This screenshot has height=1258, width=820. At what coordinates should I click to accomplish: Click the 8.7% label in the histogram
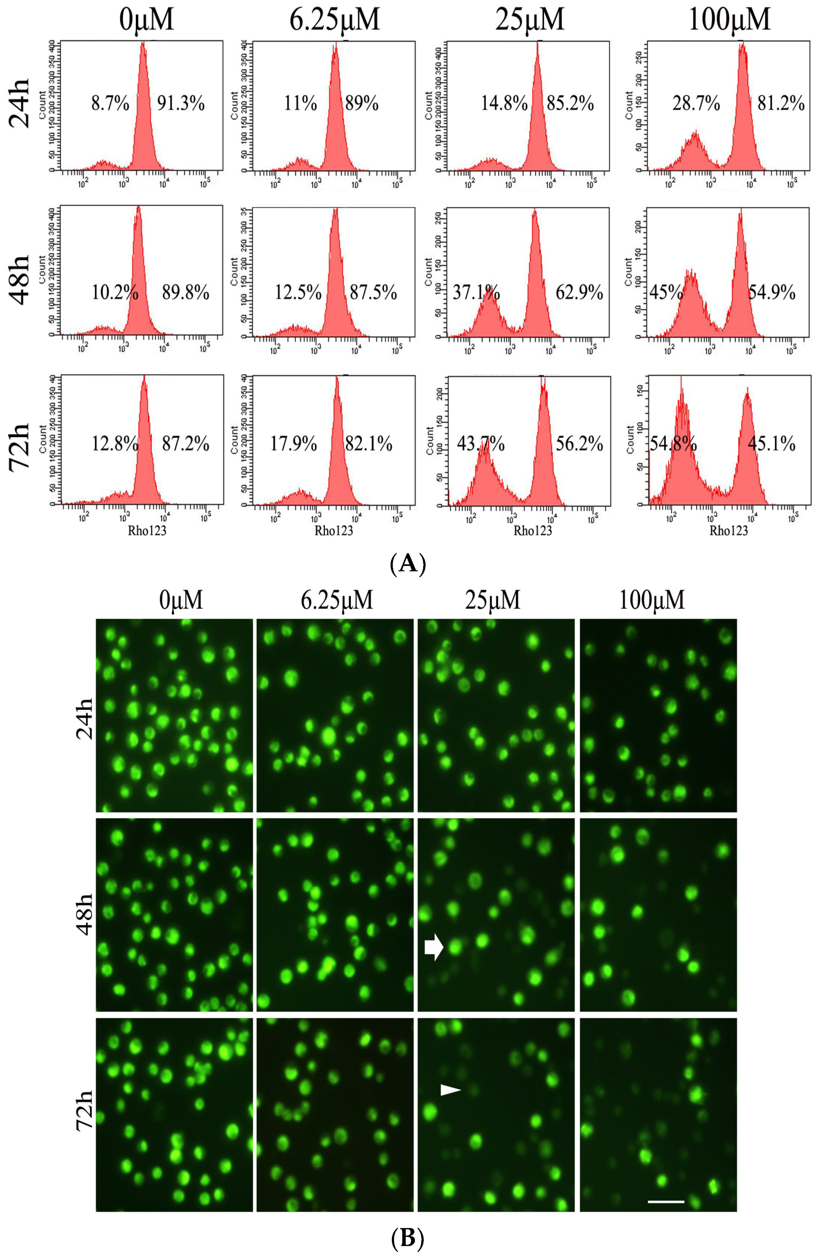[x=110, y=104]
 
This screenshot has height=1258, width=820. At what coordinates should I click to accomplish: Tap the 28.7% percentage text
[x=696, y=104]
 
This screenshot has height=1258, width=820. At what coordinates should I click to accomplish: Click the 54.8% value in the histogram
[x=673, y=444]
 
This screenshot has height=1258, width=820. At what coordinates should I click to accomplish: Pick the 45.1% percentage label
[x=771, y=444]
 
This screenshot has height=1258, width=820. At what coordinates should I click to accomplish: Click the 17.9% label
[x=294, y=444]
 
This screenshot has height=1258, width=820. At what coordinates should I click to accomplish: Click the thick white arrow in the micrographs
[x=434, y=948]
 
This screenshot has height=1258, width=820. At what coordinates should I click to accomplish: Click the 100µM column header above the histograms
[x=729, y=20]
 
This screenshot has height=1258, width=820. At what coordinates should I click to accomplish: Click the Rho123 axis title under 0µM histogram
[x=147, y=530]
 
